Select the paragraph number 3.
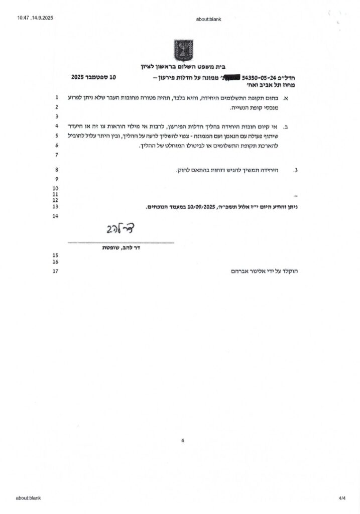[x=296, y=171]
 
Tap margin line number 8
[x=56, y=170]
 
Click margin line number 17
[x=56, y=271]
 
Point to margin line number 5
[x=56, y=136]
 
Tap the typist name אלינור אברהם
[x=253, y=272]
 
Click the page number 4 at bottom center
[x=182, y=440]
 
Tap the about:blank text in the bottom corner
[x=28, y=498]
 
